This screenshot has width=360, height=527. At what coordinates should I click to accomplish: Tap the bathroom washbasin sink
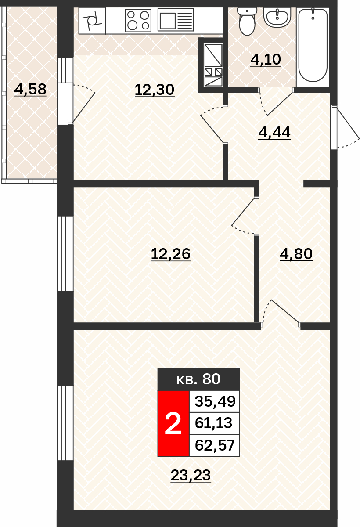click(x=277, y=17)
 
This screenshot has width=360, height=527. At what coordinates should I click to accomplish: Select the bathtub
click(x=313, y=45)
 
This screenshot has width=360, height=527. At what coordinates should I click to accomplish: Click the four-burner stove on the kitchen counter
click(x=138, y=21)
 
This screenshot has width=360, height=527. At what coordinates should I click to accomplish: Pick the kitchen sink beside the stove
click(x=176, y=20)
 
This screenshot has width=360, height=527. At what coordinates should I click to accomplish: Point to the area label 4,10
click(x=266, y=60)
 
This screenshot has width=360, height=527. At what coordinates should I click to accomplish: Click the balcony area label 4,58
click(x=30, y=90)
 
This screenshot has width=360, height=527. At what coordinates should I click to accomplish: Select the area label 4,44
click(x=274, y=133)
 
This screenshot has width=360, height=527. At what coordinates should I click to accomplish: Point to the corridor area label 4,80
click(x=296, y=254)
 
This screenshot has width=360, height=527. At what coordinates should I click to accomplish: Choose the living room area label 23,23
click(x=191, y=476)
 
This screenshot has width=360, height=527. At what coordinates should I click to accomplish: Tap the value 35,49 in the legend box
click(x=215, y=401)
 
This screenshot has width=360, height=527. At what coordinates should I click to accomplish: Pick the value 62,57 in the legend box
click(x=215, y=445)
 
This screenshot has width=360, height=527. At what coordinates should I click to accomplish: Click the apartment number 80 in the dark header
click(x=211, y=379)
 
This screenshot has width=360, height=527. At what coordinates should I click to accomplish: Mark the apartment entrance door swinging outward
click(x=345, y=127)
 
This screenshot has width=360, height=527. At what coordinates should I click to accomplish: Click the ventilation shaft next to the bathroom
click(x=213, y=65)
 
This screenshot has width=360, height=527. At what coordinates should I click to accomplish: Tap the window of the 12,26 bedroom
click(x=65, y=254)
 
